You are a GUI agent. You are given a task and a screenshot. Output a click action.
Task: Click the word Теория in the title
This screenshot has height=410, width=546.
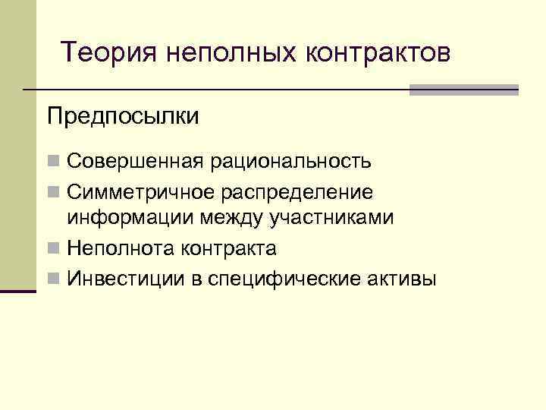point(107,52)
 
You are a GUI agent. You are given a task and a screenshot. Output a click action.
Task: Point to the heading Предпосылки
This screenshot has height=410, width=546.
point(123,116)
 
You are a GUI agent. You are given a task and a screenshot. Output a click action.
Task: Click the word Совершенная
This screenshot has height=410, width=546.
point(135,161)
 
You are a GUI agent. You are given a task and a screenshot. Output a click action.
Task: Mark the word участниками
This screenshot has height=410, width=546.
point(330,218)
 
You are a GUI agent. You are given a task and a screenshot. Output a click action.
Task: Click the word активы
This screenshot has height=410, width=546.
point(403,278)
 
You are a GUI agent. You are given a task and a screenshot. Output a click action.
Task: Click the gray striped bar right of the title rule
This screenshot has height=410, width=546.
point(463,90)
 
